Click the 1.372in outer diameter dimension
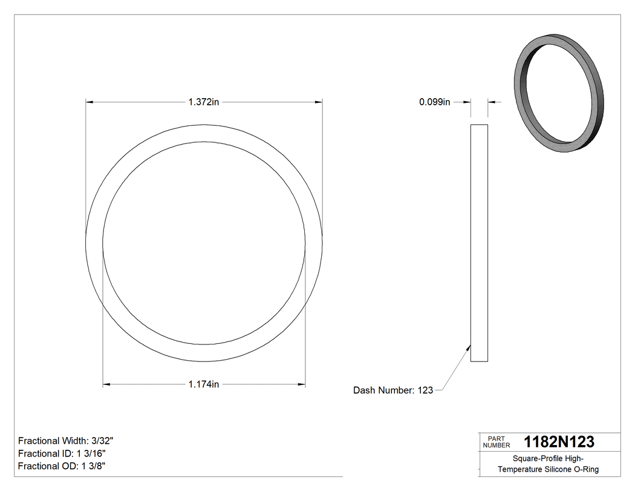pyautogui.click(x=203, y=102)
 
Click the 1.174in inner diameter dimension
pyautogui.click(x=203, y=384)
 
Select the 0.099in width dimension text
pyautogui.click(x=434, y=102)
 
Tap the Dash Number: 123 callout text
pyautogui.click(x=393, y=390)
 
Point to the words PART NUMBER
pyautogui.click(x=497, y=442)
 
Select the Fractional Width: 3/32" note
pyautogui.click(x=66, y=441)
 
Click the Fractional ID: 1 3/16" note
pyautogui.click(x=63, y=453)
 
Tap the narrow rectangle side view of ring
pyautogui.click(x=479, y=243)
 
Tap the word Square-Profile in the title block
pyautogui.click(x=534, y=458)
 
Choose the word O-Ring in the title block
pyautogui.click(x=586, y=469)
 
